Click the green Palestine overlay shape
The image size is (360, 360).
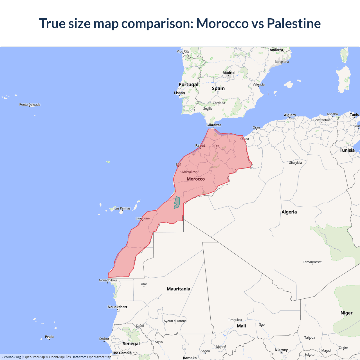point(177,202)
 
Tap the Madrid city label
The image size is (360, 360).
point(228,73)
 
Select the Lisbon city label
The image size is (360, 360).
point(179,93)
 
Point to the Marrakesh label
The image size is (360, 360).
point(190,172)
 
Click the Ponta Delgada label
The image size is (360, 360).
point(30,105)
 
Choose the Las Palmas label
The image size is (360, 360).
point(122,208)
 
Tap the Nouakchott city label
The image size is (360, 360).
point(118,307)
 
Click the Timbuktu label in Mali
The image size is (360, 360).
point(235,320)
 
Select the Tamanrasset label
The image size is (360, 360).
point(312,262)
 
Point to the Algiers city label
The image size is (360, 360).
point(290,115)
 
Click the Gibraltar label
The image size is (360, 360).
point(214,125)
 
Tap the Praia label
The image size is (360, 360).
point(49,337)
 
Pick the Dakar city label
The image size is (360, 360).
point(104,339)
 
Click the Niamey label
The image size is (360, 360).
point(281,350)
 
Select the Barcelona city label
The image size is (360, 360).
point(282,62)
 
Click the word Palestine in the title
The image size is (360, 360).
point(294,23)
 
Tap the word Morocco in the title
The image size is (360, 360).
point(222,23)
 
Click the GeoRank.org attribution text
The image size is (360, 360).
point(11,357)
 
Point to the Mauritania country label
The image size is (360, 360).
point(178,289)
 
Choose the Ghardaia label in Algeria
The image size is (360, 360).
point(295,163)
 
